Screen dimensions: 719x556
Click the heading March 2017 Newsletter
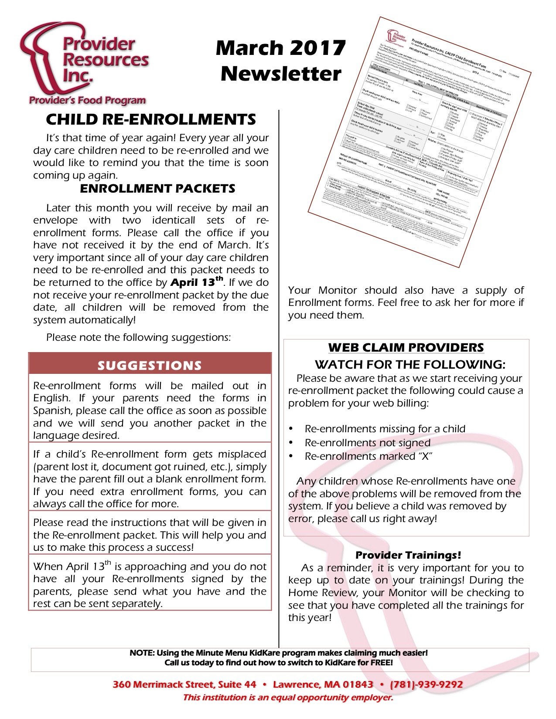[x=281, y=61]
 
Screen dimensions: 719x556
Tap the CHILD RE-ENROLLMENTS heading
[x=151, y=119]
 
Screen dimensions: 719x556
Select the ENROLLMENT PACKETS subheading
[x=157, y=189]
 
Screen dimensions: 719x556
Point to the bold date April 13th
[x=196, y=282]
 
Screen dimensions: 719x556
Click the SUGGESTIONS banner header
[x=150, y=365]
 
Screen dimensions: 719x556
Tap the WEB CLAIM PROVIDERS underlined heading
[x=406, y=347]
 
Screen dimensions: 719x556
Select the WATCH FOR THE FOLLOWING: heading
[x=410, y=364]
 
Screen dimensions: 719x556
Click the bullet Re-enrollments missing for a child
[x=385, y=429]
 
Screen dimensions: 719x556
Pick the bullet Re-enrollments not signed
[x=367, y=443]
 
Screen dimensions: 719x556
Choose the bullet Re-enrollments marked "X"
[x=368, y=456]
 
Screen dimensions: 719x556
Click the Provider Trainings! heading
[x=408, y=555]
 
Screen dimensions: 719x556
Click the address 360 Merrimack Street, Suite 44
[x=184, y=685]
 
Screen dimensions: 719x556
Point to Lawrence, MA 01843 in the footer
[x=323, y=685]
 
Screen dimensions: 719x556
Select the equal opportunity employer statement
[x=288, y=698]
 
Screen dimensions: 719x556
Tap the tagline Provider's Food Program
[x=87, y=100]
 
